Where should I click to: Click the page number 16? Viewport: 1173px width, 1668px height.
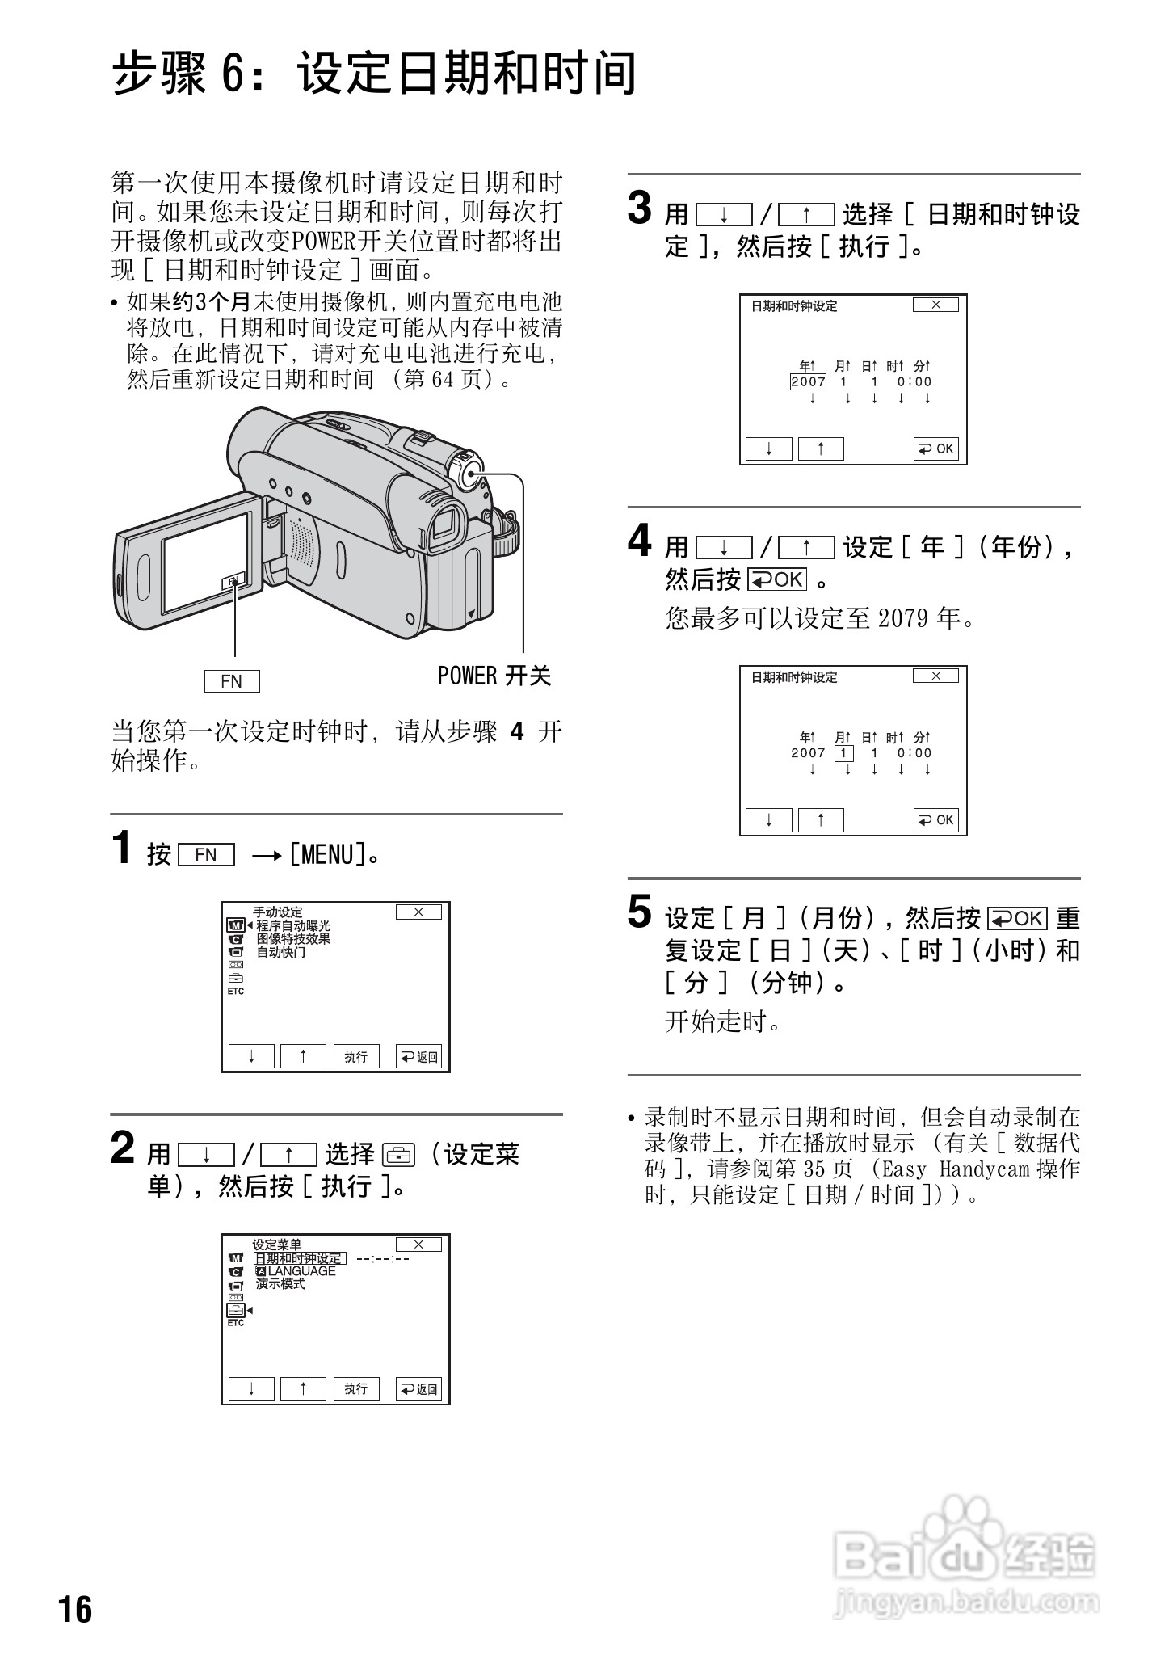pyautogui.click(x=75, y=1609)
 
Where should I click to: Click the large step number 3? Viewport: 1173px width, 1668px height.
pyautogui.click(x=639, y=209)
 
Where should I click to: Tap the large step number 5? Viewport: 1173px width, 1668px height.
pyautogui.click(x=639, y=913)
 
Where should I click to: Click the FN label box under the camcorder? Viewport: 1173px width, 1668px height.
pyautogui.click(x=231, y=681)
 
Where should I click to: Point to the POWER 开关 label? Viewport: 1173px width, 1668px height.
pyautogui.click(x=494, y=676)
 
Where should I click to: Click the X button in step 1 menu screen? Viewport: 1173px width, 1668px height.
pyautogui.click(x=418, y=912)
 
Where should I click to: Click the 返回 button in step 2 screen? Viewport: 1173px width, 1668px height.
pyautogui.click(x=418, y=1389)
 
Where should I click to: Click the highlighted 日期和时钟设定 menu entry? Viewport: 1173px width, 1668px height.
pyautogui.click(x=299, y=1258)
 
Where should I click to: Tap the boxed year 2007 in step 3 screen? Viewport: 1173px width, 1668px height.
pyautogui.click(x=808, y=382)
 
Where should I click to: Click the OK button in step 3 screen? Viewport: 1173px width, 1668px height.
pyautogui.click(x=935, y=449)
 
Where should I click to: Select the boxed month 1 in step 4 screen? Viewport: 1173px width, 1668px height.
pyautogui.click(x=843, y=753)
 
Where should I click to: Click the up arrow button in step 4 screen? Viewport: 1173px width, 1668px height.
pyautogui.click(x=821, y=820)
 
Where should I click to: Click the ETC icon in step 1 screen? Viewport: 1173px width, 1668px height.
pyautogui.click(x=235, y=991)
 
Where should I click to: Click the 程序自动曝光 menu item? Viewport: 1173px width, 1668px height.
pyautogui.click(x=293, y=926)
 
